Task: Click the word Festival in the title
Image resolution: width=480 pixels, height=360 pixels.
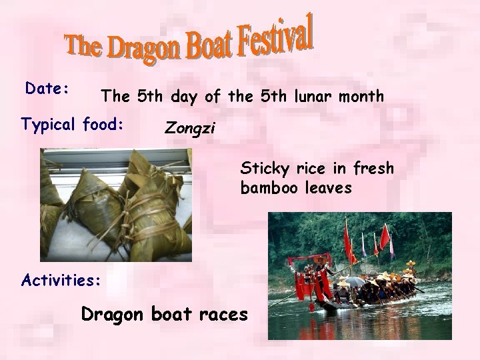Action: (x=274, y=37)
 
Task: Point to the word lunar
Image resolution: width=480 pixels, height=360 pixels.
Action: (x=314, y=97)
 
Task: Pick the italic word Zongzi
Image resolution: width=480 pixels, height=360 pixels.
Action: (x=190, y=127)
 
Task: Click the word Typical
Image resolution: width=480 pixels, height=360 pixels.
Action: (x=50, y=124)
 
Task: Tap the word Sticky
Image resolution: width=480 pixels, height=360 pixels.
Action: (x=263, y=168)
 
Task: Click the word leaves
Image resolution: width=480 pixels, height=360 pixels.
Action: (x=327, y=189)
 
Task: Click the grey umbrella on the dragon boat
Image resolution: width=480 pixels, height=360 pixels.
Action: (x=354, y=281)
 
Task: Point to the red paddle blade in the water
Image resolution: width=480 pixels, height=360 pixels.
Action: (x=311, y=307)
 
